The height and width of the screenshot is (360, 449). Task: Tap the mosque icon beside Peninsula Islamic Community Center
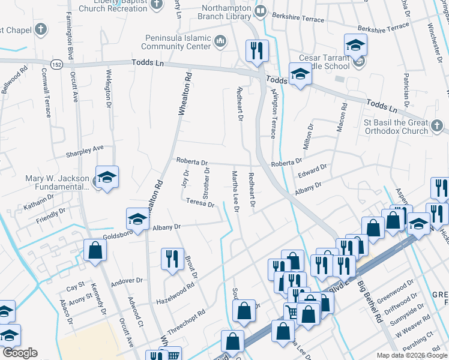tap(220, 41)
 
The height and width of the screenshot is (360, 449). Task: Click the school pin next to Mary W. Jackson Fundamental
tap(107, 178)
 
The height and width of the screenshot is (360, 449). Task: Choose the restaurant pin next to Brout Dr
tap(172, 259)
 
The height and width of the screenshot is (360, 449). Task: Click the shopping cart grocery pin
tap(292, 311)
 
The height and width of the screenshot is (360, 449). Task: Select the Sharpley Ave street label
tap(85, 148)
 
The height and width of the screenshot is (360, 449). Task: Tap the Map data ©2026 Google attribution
tap(411, 355)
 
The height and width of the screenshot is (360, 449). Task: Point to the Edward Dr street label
tap(312, 172)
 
